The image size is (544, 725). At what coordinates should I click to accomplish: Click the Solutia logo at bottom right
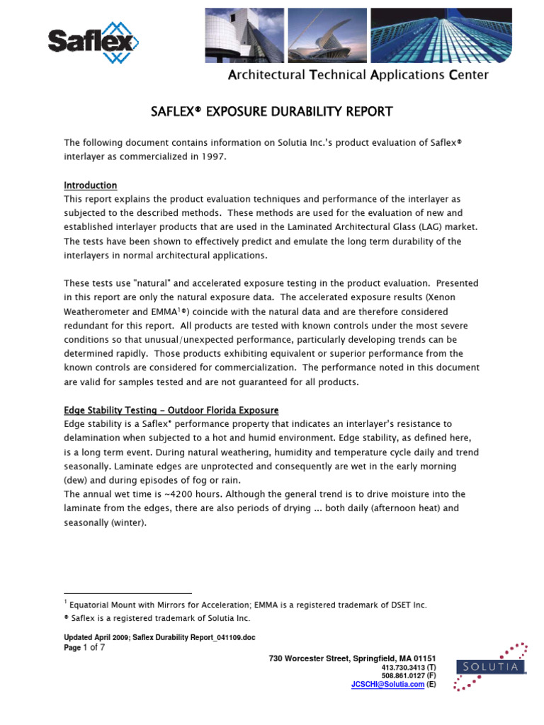[x=491, y=666]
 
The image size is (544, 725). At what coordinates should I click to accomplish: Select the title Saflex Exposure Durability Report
[x=272, y=112]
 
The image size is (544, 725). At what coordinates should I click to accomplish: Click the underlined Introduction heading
[x=91, y=185]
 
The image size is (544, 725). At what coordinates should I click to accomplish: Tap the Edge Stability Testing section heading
[x=171, y=411]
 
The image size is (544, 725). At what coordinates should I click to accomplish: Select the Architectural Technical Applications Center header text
[x=358, y=75]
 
